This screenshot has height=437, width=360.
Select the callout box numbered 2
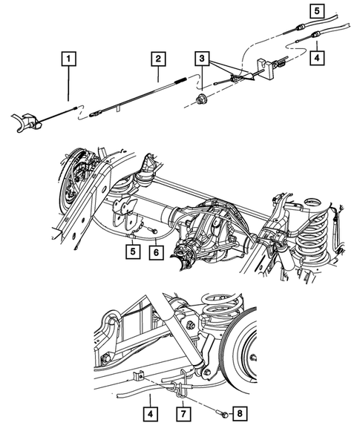[157, 57]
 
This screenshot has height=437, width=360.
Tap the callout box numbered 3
[203, 58]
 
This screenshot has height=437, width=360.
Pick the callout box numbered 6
[156, 252]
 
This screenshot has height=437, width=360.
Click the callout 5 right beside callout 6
[131, 252]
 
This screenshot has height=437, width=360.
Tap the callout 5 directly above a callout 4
[317, 11]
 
